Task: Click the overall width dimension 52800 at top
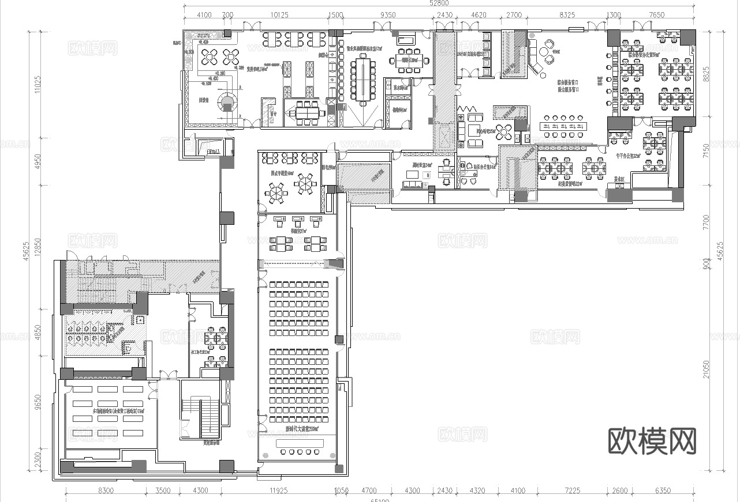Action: (439, 3)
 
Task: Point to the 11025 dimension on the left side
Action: (38, 85)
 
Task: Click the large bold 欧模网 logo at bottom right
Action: (652, 441)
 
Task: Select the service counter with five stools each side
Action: (563, 126)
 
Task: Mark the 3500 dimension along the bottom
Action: (163, 490)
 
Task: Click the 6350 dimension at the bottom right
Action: (663, 490)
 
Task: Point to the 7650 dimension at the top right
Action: (656, 15)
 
